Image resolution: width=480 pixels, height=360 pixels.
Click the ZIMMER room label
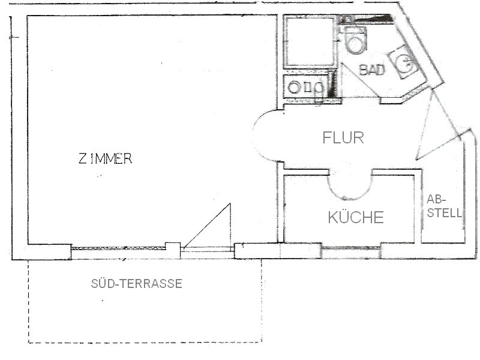[106, 158]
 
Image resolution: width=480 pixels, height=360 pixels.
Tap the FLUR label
[343, 138]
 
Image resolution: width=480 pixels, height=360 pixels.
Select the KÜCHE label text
[356, 217]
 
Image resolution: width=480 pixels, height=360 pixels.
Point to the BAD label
[372, 70]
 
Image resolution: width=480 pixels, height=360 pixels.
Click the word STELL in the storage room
[444, 213]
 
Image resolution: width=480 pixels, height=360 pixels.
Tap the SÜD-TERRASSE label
[137, 284]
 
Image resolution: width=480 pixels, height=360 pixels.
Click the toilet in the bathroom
[355, 40]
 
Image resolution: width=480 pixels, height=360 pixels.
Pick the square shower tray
[310, 41]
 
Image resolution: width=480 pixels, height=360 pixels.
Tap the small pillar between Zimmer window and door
[173, 251]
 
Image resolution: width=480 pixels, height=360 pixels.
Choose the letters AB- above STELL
[436, 200]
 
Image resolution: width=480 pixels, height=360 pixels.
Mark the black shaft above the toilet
[366, 19]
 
